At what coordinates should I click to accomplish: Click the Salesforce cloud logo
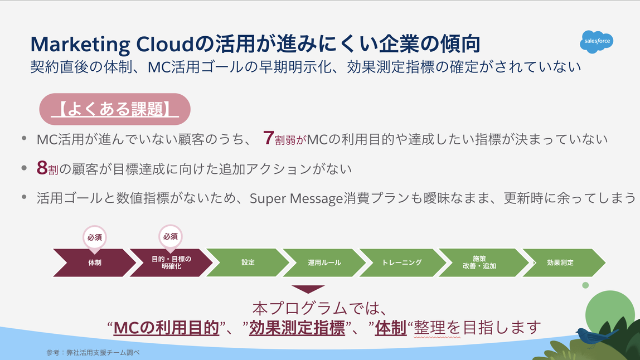click(596, 41)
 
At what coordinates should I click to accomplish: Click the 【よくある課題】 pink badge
click(115, 109)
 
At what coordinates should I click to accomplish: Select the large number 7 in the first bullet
click(268, 138)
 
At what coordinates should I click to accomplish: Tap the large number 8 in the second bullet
click(42, 168)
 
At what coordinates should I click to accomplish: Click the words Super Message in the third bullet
click(293, 198)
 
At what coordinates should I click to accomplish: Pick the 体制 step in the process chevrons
click(94, 262)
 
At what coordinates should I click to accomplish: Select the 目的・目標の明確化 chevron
click(171, 262)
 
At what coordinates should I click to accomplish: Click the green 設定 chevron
click(248, 262)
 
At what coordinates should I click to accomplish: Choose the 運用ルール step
click(324, 262)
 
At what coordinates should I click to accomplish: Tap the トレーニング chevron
click(401, 262)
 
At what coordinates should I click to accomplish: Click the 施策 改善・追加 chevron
click(479, 262)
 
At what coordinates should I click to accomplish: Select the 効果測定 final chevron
click(560, 262)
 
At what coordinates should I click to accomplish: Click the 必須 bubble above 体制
click(94, 237)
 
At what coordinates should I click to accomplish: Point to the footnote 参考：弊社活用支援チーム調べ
click(93, 353)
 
